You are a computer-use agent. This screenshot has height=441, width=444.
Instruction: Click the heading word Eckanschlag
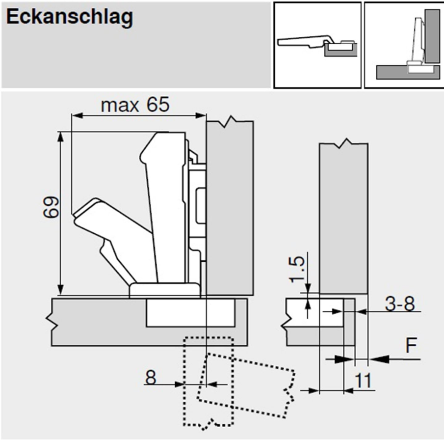pos(69,17)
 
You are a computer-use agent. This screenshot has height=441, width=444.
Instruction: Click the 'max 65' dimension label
pos(135,105)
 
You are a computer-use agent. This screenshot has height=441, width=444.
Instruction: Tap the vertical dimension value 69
pos(51,207)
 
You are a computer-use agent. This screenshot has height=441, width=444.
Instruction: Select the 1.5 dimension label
pos(297,270)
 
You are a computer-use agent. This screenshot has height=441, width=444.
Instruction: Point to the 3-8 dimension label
pos(400,303)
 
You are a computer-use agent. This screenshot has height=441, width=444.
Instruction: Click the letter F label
pos(411,345)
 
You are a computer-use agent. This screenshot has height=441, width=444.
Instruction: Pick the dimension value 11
pos(363,381)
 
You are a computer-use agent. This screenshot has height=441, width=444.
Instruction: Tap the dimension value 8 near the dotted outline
pos(151,377)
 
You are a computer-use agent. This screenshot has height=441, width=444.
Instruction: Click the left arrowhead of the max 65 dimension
pos(77,115)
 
